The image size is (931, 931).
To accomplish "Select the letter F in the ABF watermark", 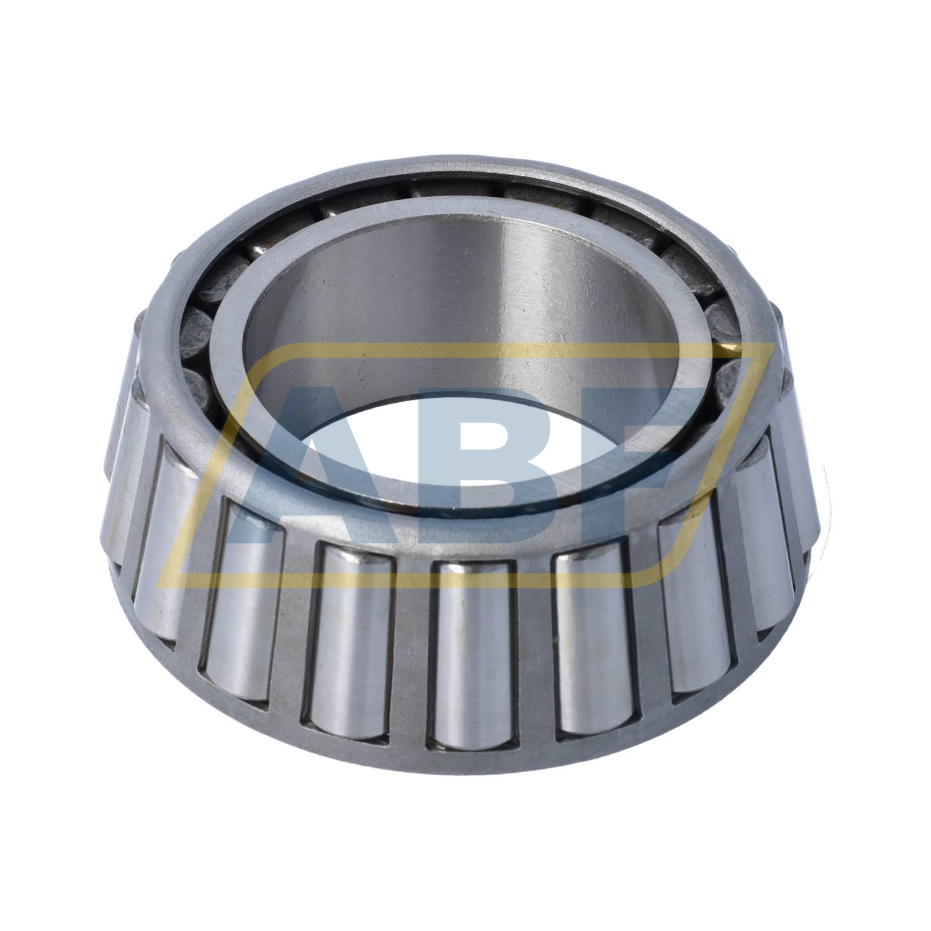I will pyautogui.click(x=627, y=459).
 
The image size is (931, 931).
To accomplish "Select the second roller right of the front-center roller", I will pyautogui.click(x=695, y=608).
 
